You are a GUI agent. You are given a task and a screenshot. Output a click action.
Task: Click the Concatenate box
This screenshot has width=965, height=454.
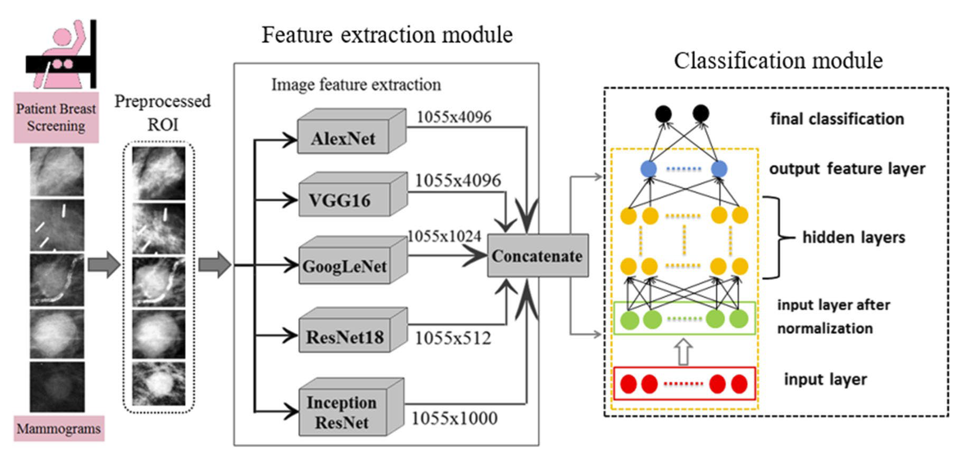point(537,256)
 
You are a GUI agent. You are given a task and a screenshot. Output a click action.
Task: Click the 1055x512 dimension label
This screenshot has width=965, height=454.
point(453,338)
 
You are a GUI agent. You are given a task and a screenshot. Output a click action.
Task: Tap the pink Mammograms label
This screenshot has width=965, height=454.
point(59,428)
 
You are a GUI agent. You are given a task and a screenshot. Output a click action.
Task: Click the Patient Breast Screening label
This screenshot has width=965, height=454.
point(56,117)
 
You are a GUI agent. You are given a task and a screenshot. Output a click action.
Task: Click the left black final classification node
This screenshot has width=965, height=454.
point(663,113)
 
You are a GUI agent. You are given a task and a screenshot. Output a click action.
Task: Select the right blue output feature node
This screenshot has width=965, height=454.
point(719,169)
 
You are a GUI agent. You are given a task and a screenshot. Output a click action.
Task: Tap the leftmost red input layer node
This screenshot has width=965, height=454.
point(628,384)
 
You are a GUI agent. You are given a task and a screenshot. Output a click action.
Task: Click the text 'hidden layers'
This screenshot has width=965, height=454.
point(853,237)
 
